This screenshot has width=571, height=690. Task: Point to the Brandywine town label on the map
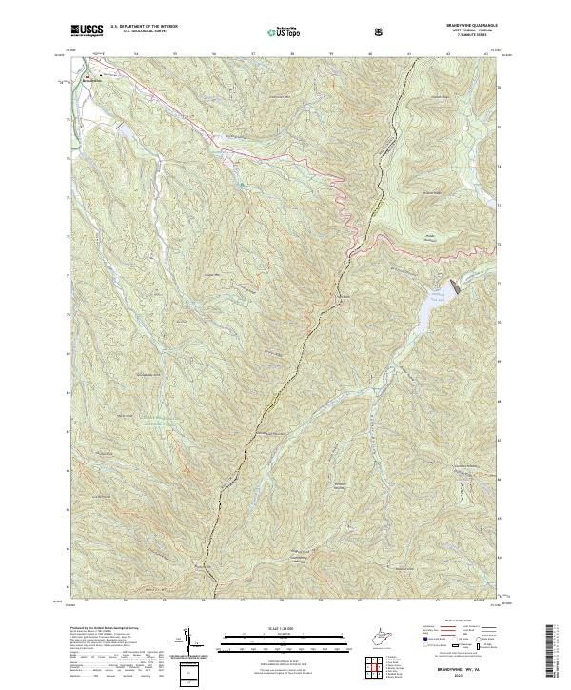91,83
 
